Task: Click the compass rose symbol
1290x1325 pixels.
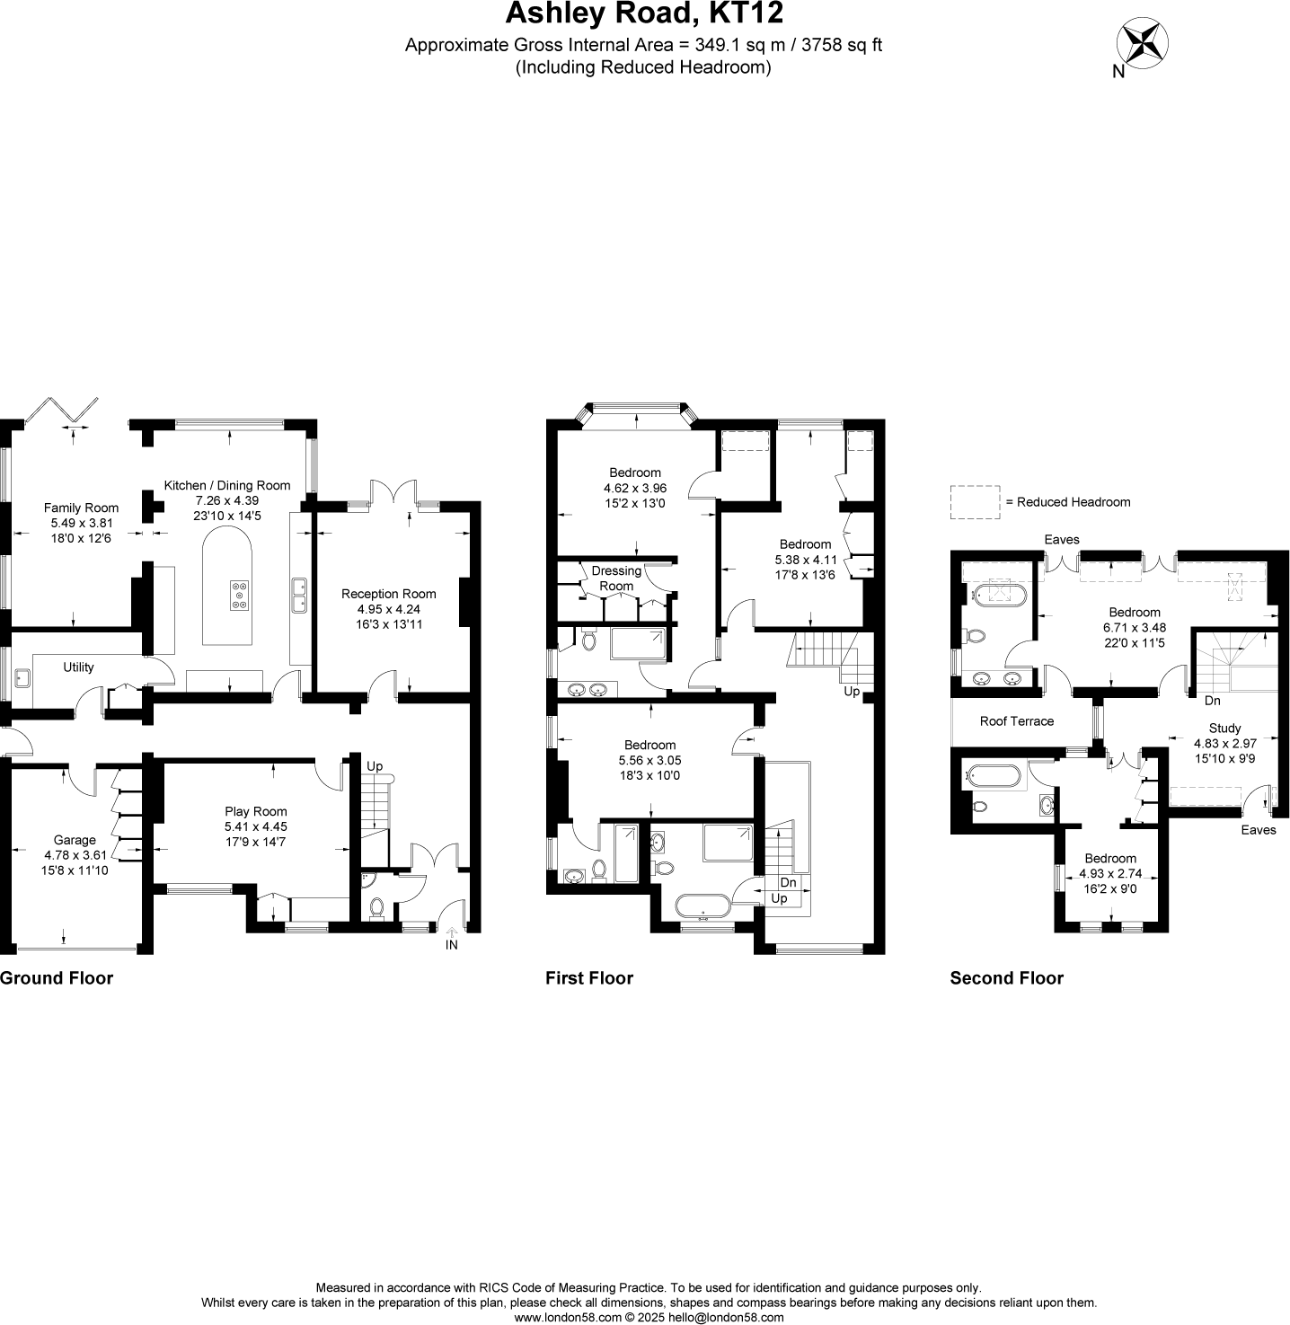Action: [x=1143, y=44]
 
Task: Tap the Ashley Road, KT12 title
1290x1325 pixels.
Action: [x=644, y=14]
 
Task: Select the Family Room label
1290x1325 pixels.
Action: [x=81, y=508]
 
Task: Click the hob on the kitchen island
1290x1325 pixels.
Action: [x=240, y=596]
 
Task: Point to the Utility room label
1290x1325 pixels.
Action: [x=78, y=667]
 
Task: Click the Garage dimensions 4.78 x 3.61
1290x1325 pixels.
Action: [x=74, y=855]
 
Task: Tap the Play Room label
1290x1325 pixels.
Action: [x=256, y=811]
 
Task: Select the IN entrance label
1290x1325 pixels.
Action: [x=451, y=945]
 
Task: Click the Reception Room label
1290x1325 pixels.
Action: [x=388, y=594]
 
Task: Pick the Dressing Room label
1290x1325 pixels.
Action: [x=616, y=578]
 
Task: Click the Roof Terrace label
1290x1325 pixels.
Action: [x=1016, y=720]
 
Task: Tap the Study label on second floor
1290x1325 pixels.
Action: [x=1224, y=729]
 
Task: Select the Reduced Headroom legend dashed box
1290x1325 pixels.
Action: [x=975, y=502]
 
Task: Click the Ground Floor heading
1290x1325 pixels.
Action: [x=57, y=978]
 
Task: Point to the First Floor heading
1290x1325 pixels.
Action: [x=589, y=978]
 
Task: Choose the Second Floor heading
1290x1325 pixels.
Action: [x=1006, y=978]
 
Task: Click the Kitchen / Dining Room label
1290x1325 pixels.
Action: [x=227, y=485]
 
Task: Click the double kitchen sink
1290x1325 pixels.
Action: [x=298, y=596]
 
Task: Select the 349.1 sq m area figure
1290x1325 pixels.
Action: [x=728, y=45]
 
